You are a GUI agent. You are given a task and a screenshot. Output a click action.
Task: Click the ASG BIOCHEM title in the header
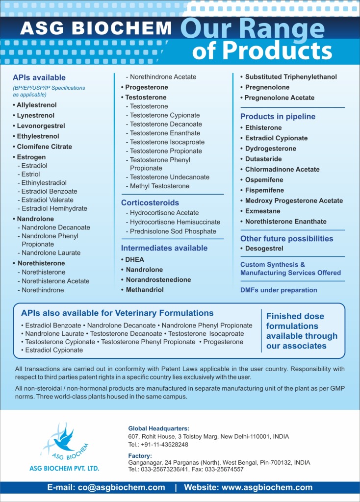click(x=96, y=28)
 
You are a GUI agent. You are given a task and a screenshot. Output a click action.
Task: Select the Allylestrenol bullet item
click(x=36, y=105)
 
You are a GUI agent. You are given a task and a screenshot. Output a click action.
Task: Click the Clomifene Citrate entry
click(x=44, y=147)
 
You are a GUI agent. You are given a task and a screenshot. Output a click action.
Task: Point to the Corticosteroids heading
click(x=150, y=202)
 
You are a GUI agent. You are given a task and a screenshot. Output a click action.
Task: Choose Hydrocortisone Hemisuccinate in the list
click(x=175, y=222)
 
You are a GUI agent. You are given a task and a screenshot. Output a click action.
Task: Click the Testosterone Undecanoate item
click(x=169, y=177)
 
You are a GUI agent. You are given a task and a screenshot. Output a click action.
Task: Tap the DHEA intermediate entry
click(x=134, y=259)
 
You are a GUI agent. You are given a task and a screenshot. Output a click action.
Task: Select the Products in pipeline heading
click(x=278, y=117)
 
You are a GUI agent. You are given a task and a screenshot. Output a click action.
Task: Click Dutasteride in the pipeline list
click(x=263, y=159)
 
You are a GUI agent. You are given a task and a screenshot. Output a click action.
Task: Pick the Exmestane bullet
click(x=262, y=211)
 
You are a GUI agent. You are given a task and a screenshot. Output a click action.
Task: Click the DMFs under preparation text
click(x=279, y=290)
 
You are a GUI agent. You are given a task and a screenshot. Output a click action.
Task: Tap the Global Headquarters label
click(x=158, y=428)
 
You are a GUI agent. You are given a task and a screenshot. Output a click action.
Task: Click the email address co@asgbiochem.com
click(x=120, y=487)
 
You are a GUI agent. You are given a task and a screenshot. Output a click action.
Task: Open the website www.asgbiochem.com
click(x=267, y=487)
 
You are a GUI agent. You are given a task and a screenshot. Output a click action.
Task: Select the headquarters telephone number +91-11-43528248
click(x=164, y=445)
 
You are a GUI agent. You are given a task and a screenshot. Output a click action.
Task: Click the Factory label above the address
click(x=140, y=455)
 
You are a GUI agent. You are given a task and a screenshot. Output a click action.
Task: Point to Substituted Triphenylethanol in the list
click(x=291, y=77)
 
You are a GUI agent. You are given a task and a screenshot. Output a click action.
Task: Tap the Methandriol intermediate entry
click(x=145, y=290)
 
